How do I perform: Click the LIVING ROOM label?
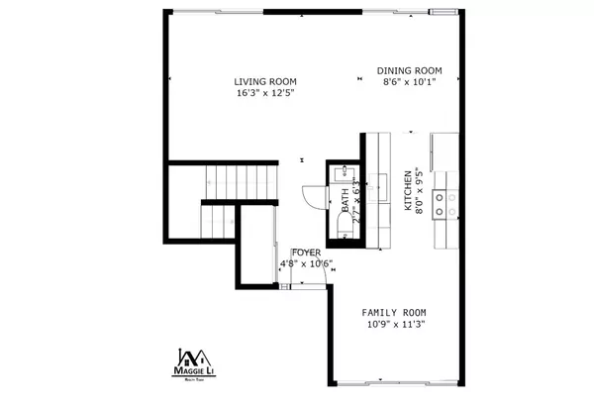(265, 82)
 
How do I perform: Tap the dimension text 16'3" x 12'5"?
(265, 93)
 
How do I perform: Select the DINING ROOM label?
(409, 70)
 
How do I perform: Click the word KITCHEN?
(407, 191)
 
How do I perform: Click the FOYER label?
(306, 253)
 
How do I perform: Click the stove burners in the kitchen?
(451, 204)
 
